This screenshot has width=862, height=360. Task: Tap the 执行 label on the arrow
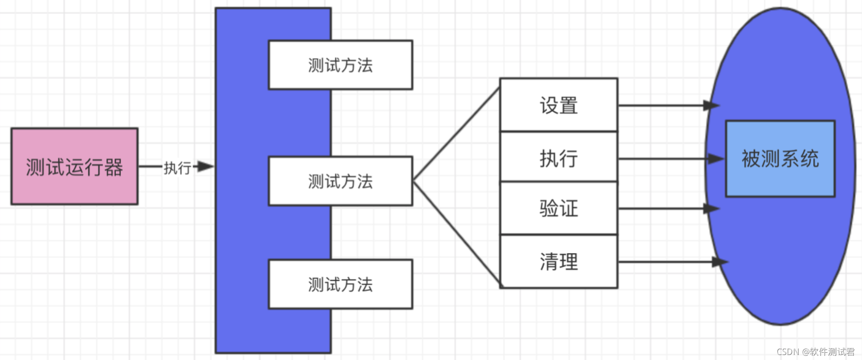coord(177,168)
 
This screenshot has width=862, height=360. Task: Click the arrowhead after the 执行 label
coord(205,166)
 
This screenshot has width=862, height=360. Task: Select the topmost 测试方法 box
coord(340,65)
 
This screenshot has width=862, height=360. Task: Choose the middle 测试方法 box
coord(340,181)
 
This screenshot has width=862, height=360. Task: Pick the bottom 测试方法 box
coord(340,284)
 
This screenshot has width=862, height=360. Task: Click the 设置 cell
coord(559,105)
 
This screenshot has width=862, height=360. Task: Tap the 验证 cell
coord(559,208)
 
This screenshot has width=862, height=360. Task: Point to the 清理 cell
coord(559,262)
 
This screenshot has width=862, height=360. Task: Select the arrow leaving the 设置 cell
coord(664,105)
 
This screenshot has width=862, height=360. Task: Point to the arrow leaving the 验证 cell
coord(664,209)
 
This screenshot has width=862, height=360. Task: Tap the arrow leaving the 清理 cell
coord(668,262)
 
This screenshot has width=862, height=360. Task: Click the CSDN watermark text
coord(815,352)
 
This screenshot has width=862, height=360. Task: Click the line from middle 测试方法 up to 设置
coord(456,135)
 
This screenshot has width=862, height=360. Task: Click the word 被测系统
coord(780,159)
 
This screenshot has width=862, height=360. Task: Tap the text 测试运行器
coord(74,167)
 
